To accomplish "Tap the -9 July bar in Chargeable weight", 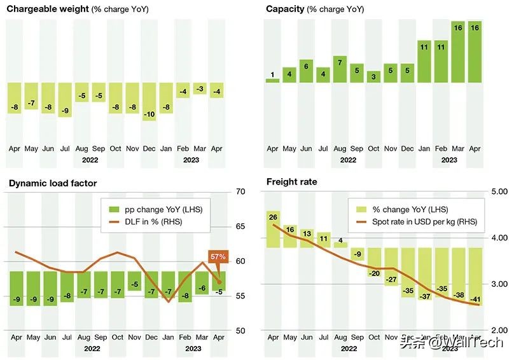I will coord(65,100).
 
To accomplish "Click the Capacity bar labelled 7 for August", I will coord(340,69).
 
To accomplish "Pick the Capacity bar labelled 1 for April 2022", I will coord(272,80).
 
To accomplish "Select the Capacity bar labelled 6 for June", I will coord(306,71).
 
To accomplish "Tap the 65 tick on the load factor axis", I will coord(240,226).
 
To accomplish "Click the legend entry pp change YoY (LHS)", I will coord(156,209).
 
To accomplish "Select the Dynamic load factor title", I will coord(52,184).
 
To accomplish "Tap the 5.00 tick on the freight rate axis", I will coord(499,191).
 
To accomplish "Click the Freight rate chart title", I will coord(291,182).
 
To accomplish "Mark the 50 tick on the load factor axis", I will coord(240,331).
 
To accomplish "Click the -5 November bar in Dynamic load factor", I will coord(134,281).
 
